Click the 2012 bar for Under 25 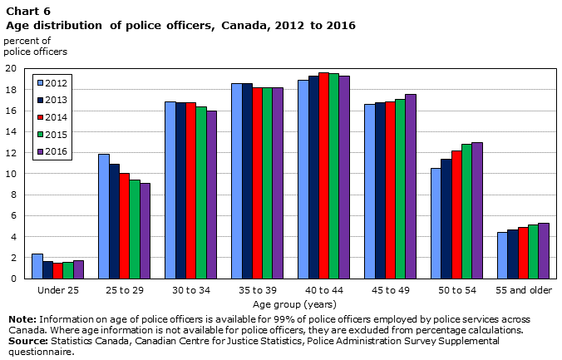coord(37,266)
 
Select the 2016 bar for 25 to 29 coord(145,231)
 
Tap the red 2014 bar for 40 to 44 coord(324,175)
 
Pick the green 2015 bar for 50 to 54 coord(466,211)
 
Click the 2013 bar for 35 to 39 coord(247,181)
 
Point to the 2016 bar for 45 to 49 coord(411,186)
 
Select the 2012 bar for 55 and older coord(502,255)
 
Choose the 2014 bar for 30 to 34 coord(191,190)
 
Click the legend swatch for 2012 coord(41,83)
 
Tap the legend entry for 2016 coord(52,151)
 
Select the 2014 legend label coord(57,117)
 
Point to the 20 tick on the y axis coord(11,68)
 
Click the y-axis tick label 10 coord(11,174)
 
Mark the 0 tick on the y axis coord(13,279)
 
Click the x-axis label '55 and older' coord(524,290)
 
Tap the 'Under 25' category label coord(58,290)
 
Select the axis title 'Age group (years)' coord(294,305)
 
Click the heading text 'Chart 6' coord(28,12)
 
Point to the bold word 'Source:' coord(28,341)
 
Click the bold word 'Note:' coord(22,319)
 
